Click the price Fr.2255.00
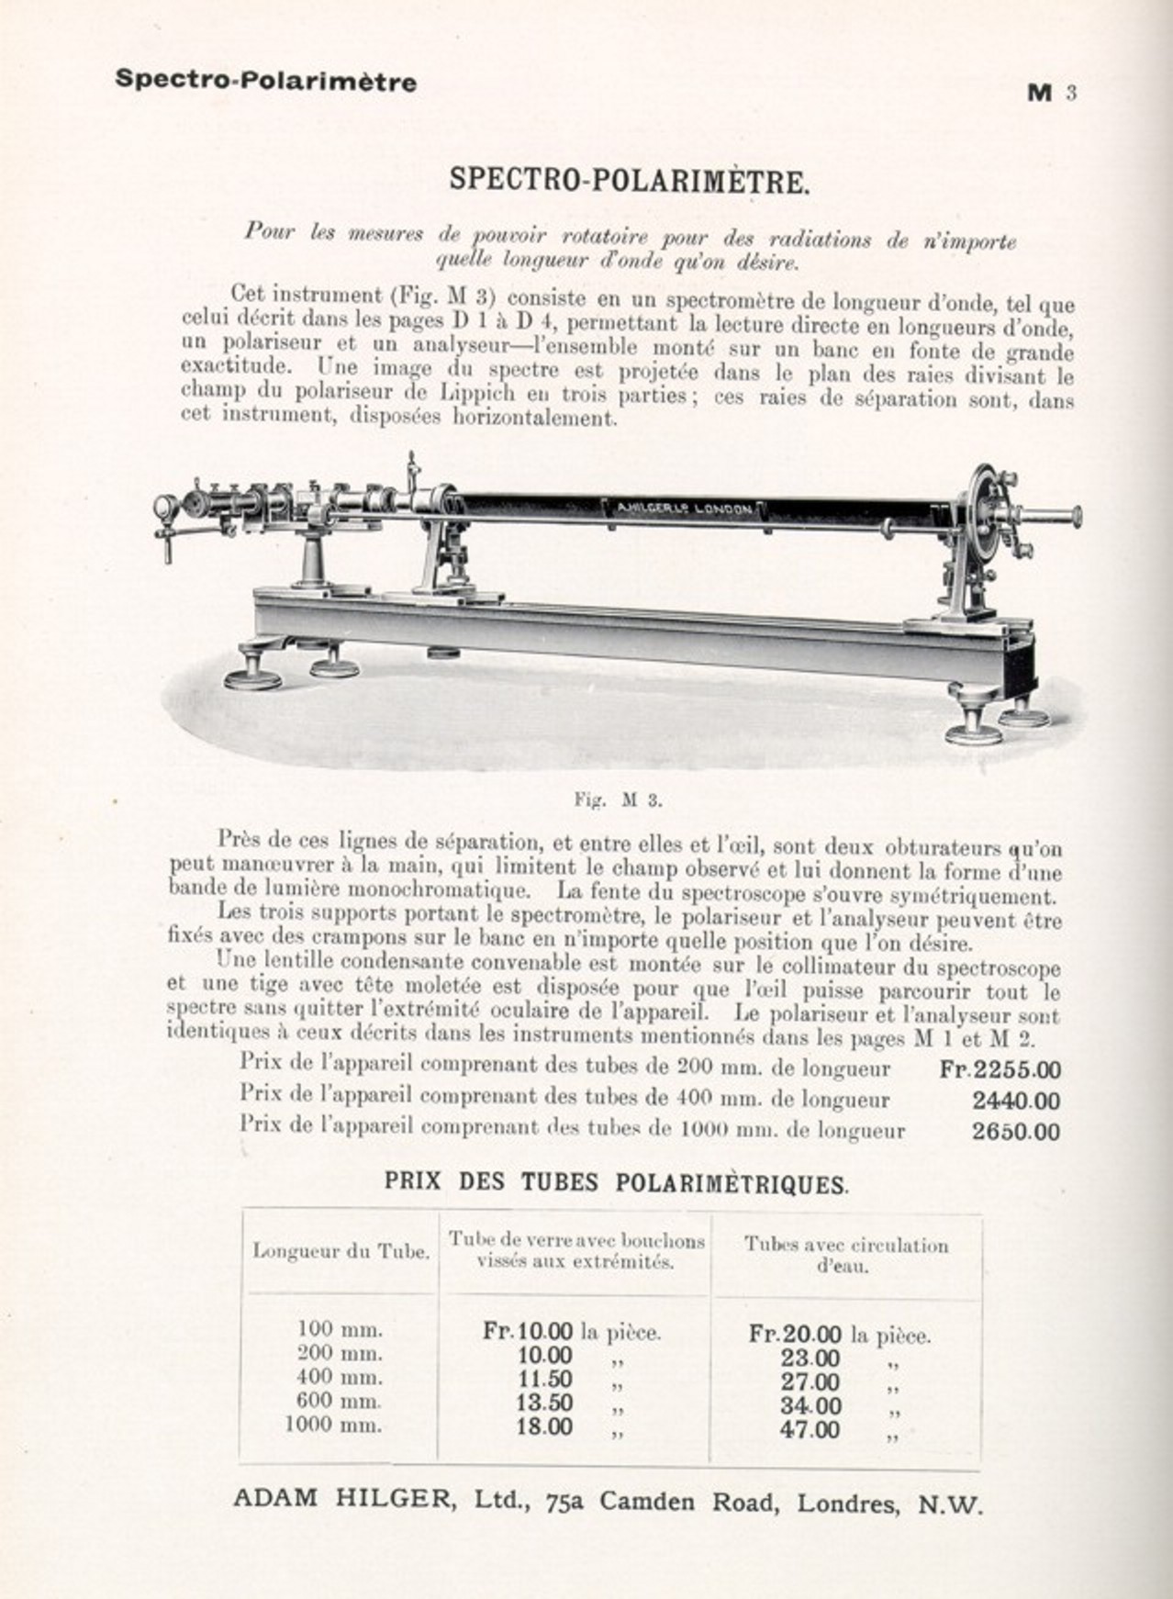coord(1000,1069)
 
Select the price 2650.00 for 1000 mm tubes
coord(1015,1131)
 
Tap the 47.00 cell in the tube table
coord(810,1429)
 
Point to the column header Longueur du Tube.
coord(341,1251)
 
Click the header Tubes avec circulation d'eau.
coord(845,1255)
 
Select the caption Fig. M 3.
coord(618,799)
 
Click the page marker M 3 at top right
coord(1050,93)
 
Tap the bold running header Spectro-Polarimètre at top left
coord(265,81)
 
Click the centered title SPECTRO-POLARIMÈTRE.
coord(629,180)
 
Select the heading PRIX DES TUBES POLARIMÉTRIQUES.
coord(616,1182)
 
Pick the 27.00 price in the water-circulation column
coord(810,1381)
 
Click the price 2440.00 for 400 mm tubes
coord(1015,1101)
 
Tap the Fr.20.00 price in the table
coord(795,1333)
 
